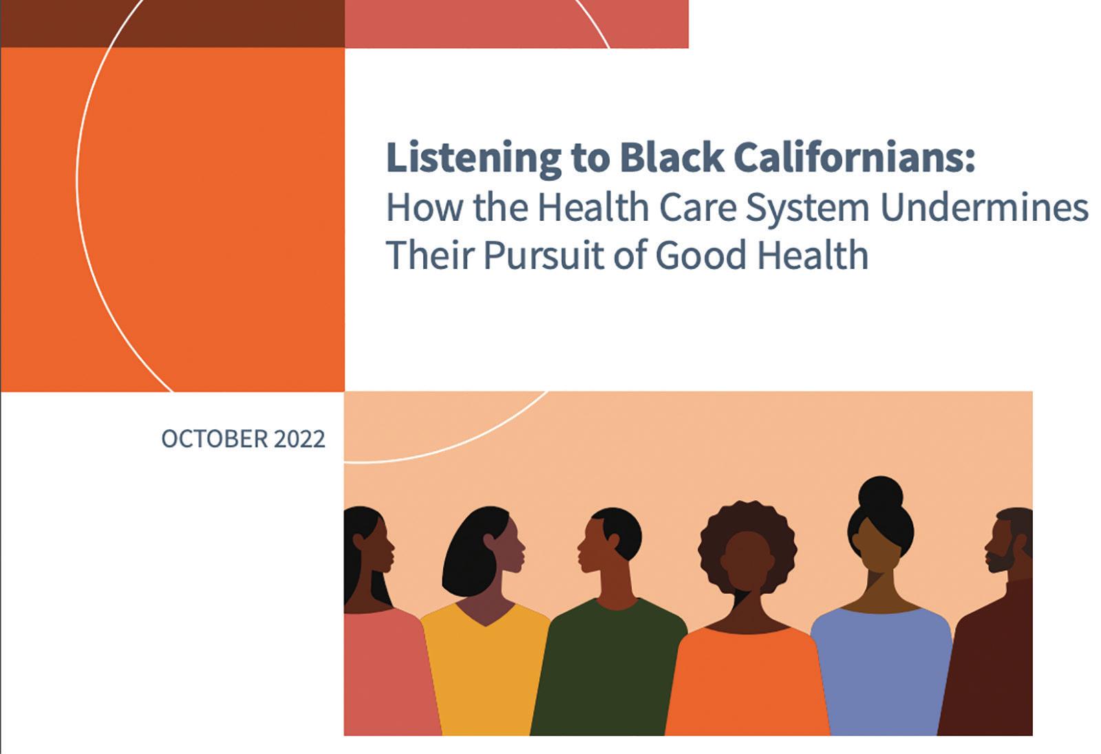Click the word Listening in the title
[x=473, y=158]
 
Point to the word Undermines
[x=984, y=207]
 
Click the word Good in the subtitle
[x=701, y=255]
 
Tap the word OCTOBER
[x=215, y=439]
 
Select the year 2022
[x=299, y=439]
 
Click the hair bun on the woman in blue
[x=881, y=495]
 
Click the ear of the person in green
[x=613, y=541]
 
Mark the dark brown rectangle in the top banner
[x=173, y=23]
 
